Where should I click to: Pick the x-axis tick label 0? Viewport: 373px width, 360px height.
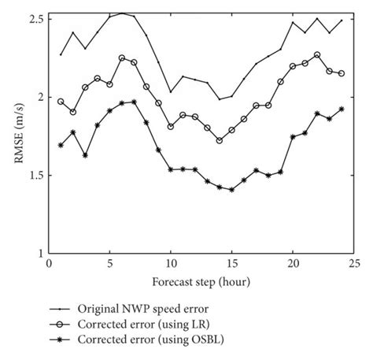pos(49,265)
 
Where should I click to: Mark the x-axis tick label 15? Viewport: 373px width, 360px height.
pos(231,265)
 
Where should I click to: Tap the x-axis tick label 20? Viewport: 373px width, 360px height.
pos(293,265)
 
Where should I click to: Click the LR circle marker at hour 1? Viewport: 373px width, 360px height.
pos(61,101)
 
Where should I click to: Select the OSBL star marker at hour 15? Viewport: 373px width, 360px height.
pos(231,189)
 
